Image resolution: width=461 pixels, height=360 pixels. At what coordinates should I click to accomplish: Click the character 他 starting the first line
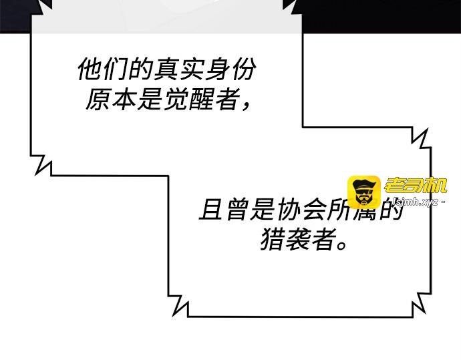pyautogui.click(x=90, y=69)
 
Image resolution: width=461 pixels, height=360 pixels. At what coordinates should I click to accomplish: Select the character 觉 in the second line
pyautogui.click(x=175, y=100)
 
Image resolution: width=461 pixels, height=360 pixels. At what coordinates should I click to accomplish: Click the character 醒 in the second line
pyautogui.click(x=200, y=100)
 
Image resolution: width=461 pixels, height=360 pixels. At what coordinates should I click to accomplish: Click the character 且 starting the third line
pyautogui.click(x=210, y=210)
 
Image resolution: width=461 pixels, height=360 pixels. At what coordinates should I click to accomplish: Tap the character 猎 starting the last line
pyautogui.click(x=272, y=240)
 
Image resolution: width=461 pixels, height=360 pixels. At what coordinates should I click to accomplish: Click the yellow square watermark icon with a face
pyautogui.click(x=363, y=192)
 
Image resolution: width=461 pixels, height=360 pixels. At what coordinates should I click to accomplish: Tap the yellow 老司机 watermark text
pyautogui.click(x=413, y=186)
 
